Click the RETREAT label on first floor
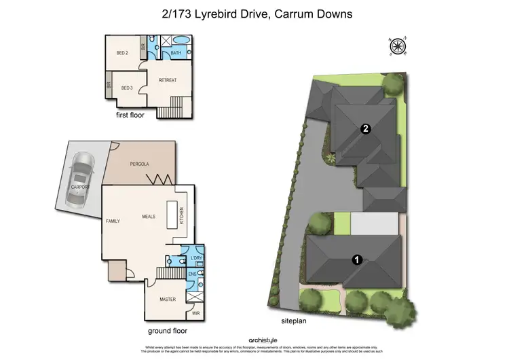tap(168, 80)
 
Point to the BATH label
tap(176, 53)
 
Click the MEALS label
tap(149, 216)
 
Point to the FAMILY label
tap(113, 221)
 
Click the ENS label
tap(192, 274)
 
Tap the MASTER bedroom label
tap(168, 299)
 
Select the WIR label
tap(196, 313)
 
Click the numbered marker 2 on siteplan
tap(366, 129)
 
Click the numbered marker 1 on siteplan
tap(355, 258)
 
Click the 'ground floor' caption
tap(168, 331)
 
